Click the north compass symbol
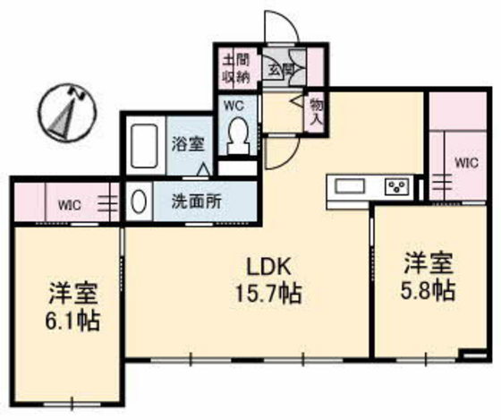68,112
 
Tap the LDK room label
269,268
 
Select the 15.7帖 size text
268,294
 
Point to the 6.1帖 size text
72,321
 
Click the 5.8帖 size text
429,290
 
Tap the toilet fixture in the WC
237,135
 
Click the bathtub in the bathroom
145,146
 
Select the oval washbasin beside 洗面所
139,201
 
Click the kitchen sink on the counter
350,186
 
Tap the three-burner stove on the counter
397,186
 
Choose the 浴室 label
188,144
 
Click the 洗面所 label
197,201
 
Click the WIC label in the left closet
70,205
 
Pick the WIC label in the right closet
467,163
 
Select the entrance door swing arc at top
283,22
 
